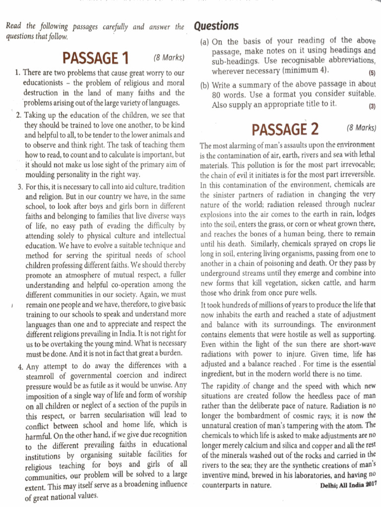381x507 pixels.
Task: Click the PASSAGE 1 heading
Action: tap(95, 59)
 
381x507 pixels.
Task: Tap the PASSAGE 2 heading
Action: tap(285, 130)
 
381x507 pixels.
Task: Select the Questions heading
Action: tap(216, 26)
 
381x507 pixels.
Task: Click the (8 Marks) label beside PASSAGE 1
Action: tap(169, 58)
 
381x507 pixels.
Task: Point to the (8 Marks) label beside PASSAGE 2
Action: tap(361, 128)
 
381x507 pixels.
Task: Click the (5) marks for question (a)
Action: tap(372, 72)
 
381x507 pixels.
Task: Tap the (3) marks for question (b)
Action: tap(372, 106)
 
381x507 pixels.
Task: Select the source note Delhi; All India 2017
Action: tap(348, 485)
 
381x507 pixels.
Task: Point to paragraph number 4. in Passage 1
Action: tap(20, 366)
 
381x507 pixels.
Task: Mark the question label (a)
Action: tap(204, 42)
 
